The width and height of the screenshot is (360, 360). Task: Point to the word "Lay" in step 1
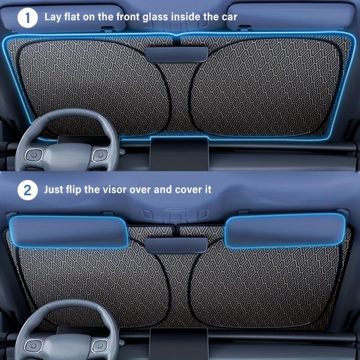coord(54,17)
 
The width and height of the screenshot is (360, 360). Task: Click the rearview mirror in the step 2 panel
coord(176,244)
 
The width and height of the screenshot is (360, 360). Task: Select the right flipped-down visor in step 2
coord(286,230)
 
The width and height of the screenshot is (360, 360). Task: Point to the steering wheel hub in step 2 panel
coord(63,346)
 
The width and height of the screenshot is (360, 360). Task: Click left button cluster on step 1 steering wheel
coord(33,155)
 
